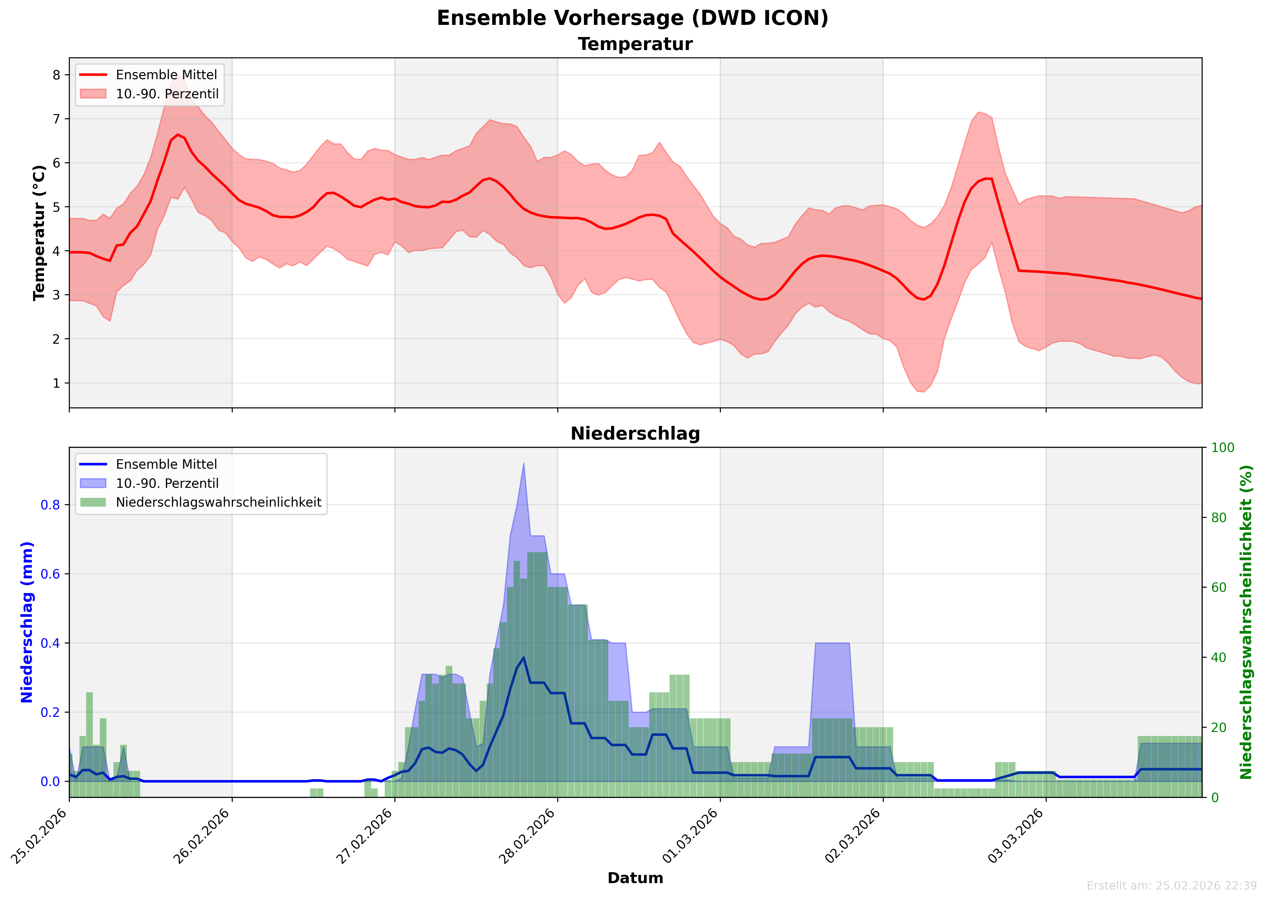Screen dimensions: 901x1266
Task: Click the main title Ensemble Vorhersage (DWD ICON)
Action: pos(633,18)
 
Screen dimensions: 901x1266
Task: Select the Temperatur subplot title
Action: pos(635,44)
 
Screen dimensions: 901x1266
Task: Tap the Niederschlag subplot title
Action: pos(635,434)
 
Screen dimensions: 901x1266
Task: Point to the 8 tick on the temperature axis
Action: pos(57,75)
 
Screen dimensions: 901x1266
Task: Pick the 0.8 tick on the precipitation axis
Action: pos(50,505)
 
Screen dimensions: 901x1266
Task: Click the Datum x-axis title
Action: pos(635,878)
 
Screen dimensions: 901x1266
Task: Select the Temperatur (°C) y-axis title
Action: pos(39,233)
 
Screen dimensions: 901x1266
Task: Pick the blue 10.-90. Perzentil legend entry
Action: pos(167,484)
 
